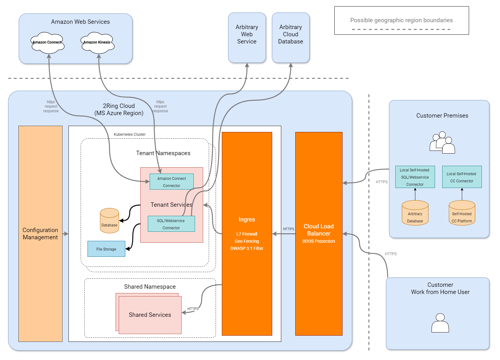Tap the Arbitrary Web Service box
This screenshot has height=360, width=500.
coord(247,38)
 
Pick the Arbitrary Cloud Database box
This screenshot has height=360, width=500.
coord(291,38)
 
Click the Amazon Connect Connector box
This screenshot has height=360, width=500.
coord(172,182)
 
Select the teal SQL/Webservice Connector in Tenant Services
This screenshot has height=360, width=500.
coord(171,224)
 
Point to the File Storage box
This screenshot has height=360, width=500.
coord(106,249)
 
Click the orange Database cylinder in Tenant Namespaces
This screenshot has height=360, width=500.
coord(109,221)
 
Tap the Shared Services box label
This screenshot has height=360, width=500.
coord(150,315)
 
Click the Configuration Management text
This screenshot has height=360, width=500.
coord(40,234)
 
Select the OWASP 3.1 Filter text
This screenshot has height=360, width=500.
coord(247,248)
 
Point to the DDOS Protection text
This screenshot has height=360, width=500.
coord(319,241)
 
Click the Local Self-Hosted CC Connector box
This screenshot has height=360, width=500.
coord(462,177)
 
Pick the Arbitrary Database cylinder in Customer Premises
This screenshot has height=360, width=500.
coord(415,213)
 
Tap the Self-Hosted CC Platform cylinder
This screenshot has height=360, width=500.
coord(462,213)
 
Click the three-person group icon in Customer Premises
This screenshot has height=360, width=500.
coord(442,143)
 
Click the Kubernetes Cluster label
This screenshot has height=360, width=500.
coord(130,134)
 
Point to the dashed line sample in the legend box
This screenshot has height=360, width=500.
coord(401,29)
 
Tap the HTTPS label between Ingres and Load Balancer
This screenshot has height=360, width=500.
coord(288,229)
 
